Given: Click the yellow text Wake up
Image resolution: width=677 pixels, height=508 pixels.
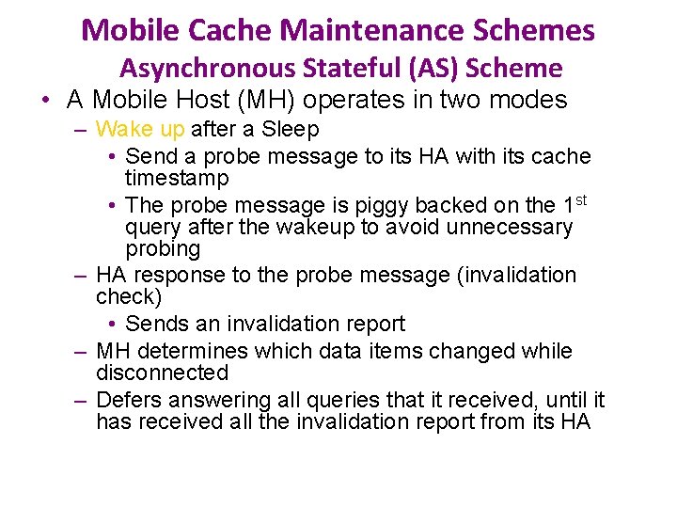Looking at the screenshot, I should tap(140, 129).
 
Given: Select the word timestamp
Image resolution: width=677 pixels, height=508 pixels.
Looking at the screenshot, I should tap(177, 178).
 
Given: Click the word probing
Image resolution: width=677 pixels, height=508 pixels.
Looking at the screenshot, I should tap(163, 249).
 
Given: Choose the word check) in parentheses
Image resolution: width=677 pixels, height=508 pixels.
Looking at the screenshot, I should tap(129, 297).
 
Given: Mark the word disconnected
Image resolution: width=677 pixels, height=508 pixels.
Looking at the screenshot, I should tap(162, 373).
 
